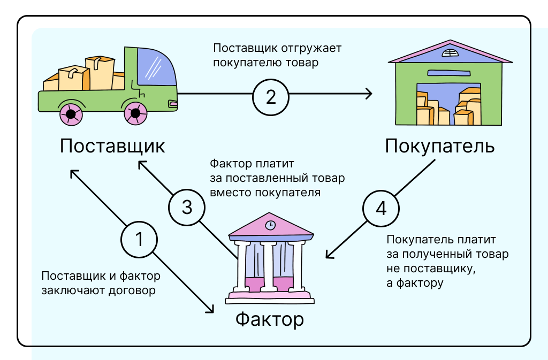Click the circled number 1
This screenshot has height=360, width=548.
[x=139, y=239]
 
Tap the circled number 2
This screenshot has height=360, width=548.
[x=271, y=97]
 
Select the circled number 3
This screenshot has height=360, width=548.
[x=187, y=208]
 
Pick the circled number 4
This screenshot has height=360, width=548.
[x=381, y=208]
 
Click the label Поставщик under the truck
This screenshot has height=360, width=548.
[x=112, y=146]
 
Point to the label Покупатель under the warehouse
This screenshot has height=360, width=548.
[x=439, y=147]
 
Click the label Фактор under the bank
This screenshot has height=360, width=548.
[x=270, y=319]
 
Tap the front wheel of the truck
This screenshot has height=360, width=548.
[x=135, y=113]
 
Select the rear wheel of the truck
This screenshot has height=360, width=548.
[x=70, y=113]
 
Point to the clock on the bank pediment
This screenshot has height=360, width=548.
[x=271, y=225]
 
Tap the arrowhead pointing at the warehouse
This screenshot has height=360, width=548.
[x=369, y=94]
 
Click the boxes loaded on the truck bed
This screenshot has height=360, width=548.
[x=86, y=75]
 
